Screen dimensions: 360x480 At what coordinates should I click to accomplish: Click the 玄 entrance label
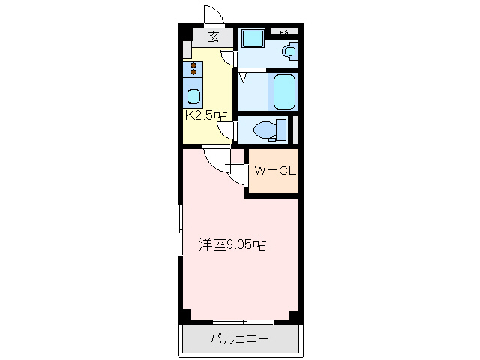[x=213, y=37]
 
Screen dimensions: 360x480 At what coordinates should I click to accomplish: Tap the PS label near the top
[x=284, y=32]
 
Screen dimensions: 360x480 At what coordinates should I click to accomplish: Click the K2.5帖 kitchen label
[x=205, y=115]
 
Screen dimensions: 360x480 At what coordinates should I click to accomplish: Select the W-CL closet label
[x=274, y=171]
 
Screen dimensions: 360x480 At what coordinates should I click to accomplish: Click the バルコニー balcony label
[x=238, y=339]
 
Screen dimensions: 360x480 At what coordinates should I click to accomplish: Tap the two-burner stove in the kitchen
[x=193, y=70]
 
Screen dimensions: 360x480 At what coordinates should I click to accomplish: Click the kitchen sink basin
[x=193, y=96]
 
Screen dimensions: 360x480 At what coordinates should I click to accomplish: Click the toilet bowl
[x=266, y=130]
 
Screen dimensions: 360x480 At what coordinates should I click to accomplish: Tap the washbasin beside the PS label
[x=289, y=51]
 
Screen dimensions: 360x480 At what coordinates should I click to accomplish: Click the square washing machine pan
[x=251, y=39]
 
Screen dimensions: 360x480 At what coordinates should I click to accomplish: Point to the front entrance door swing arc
[x=212, y=15]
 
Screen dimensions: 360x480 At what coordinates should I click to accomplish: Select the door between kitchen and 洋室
[x=215, y=158]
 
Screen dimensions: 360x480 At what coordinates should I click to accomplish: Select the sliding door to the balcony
[x=241, y=322]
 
